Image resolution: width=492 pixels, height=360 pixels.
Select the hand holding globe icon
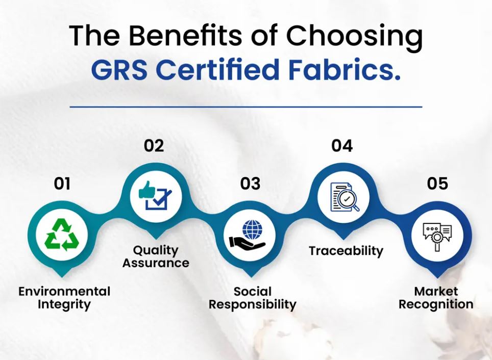pos(248,236)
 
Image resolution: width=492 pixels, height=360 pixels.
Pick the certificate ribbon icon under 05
pos(437,236)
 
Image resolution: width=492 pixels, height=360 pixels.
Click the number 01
pos(62,184)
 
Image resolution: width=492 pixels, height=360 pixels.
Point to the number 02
pos(154,146)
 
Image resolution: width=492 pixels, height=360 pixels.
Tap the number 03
pos(250,184)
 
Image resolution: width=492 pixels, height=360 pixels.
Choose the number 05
pos(437,184)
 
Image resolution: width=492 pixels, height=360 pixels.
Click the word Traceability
pos(346,251)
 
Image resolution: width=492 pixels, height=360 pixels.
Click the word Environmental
pos(64,292)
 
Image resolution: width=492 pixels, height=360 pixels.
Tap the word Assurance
pos(156,264)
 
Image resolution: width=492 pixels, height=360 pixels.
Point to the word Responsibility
pos(252,305)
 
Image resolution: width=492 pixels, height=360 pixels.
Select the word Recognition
pos(436,305)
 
